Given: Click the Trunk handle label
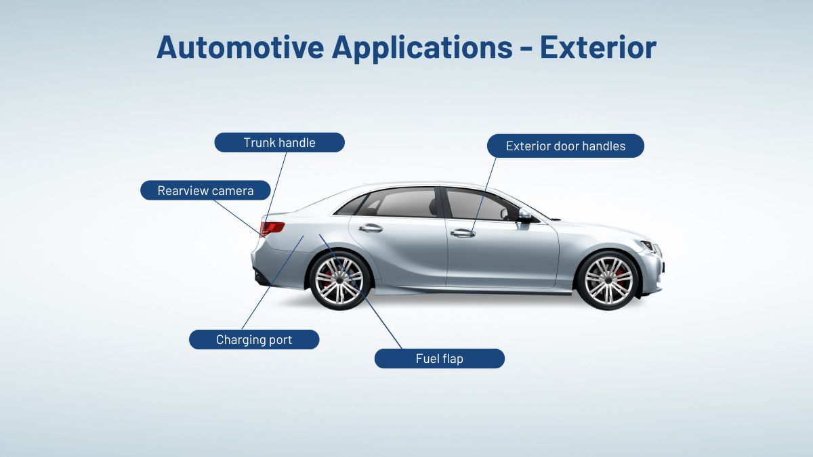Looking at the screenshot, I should (x=279, y=143).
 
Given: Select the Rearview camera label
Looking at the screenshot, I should (x=205, y=191).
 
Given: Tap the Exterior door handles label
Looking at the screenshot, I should (x=566, y=146).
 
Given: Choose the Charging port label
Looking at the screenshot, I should (x=254, y=340).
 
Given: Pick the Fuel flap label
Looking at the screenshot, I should (x=439, y=359).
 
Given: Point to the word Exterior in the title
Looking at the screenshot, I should (x=598, y=48).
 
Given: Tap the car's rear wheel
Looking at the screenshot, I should (x=339, y=280).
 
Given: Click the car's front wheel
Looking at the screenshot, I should (x=608, y=280).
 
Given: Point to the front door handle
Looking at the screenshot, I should (x=463, y=233).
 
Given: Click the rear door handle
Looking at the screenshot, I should (x=371, y=228).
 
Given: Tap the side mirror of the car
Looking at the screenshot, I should (x=524, y=215).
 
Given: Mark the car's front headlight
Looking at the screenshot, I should (x=648, y=246).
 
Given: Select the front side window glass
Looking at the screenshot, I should (x=478, y=204).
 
